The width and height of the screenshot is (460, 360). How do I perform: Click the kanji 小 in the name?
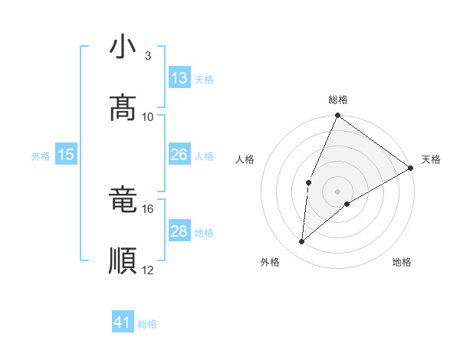coord(123,48)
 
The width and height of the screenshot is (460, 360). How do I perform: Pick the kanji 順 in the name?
coord(123,260)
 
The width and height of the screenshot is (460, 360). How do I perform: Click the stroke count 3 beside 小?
coord(147,56)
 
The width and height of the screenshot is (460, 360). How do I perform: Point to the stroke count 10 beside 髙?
coord(148,116)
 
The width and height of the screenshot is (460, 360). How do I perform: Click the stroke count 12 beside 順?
coord(148,270)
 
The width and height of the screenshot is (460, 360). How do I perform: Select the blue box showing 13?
coord(179,78)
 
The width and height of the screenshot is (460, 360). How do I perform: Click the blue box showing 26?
coord(179,155)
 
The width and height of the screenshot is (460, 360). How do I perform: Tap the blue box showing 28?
coord(179,231)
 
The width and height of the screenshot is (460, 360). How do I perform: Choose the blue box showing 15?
coord(66,155)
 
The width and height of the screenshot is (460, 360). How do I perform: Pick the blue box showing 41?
coord(123,323)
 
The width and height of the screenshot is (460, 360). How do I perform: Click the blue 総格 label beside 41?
coord(147,324)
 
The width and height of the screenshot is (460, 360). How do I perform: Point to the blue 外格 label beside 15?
coord(41,155)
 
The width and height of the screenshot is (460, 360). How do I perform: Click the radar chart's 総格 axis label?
coord(338,100)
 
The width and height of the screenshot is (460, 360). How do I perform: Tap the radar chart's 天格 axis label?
coord(431,159)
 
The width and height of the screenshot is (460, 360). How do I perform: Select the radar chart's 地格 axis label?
coord(402,263)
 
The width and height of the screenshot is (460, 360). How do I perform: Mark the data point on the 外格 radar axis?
coord(302,242)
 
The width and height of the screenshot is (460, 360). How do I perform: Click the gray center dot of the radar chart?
coord(338,191)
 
